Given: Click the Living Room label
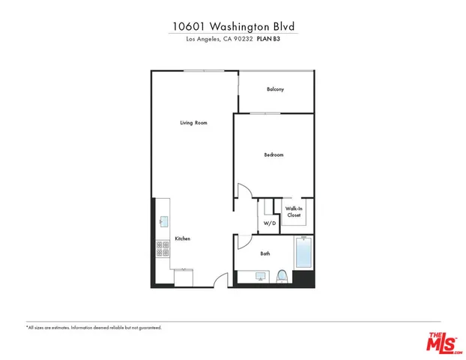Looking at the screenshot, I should click(x=193, y=122).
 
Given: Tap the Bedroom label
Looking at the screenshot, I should click(x=273, y=155).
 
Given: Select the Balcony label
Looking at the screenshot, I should click(x=276, y=89).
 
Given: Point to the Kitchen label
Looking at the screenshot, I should click(x=183, y=238).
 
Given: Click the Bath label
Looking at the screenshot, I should click(x=265, y=253).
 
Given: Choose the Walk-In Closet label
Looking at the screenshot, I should click(x=294, y=212).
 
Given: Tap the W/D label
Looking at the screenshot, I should click(x=269, y=223).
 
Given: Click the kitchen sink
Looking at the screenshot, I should click(x=162, y=221).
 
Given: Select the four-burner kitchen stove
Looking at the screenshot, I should click(x=160, y=249).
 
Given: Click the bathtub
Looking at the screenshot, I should click(x=304, y=253).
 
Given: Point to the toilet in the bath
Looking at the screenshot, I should click(x=282, y=276).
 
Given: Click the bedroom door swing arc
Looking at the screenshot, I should click(x=245, y=191).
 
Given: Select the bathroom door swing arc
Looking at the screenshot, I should click(x=244, y=240).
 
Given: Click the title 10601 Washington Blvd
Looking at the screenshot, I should click(x=232, y=25).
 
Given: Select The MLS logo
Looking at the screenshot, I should click(x=445, y=342).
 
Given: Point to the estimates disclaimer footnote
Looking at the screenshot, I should click(x=94, y=328).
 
